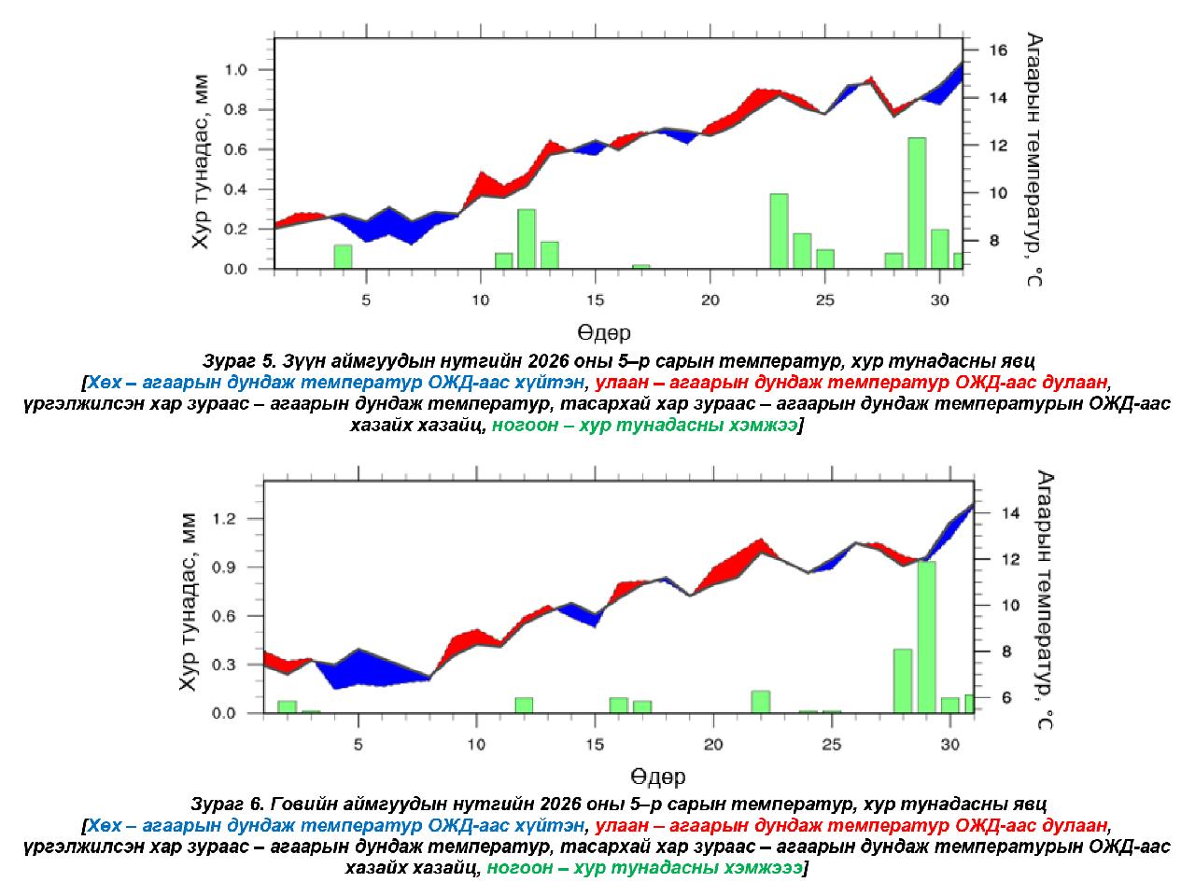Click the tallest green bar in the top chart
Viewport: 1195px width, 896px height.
[917, 203]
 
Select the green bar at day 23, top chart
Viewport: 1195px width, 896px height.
[779, 231]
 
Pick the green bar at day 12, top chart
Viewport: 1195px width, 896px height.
[527, 239]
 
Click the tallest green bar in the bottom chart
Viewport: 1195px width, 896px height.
[926, 637]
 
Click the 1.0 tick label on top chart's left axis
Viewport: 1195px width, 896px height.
[235, 70]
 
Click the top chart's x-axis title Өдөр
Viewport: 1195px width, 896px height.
[603, 332]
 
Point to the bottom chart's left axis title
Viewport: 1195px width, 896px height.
[190, 602]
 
